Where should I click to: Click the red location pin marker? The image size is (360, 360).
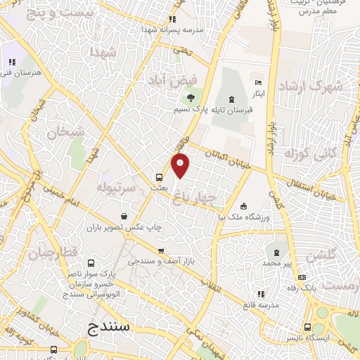coord(181,165)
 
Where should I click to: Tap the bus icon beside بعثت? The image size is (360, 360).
coord(159,177)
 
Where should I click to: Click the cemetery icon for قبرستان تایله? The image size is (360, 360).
coord(234,98)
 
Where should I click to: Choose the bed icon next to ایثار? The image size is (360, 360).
coord(257,82)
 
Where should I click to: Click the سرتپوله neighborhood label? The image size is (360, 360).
coord(115,188)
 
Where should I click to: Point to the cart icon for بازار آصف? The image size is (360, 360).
coord(162,250)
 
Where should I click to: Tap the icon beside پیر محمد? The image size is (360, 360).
coord(276,251)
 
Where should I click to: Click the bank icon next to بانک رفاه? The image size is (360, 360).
coord(302,276)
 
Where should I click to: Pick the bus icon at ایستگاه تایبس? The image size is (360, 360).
coord(308,327)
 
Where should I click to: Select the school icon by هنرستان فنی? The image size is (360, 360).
coord(11,62)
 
